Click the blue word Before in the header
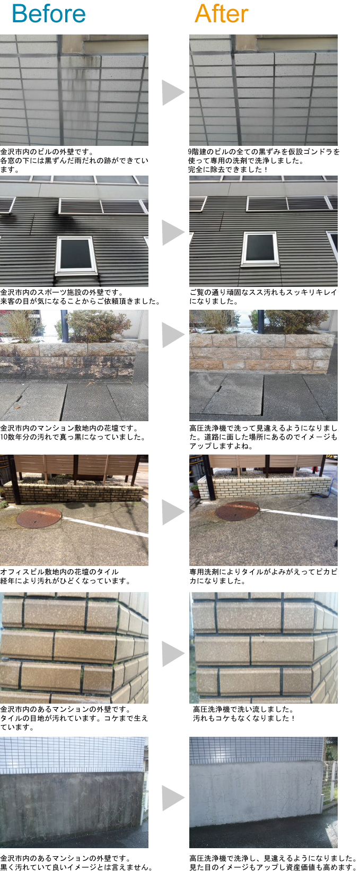(48, 14)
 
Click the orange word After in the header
(221, 14)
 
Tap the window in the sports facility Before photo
(76, 255)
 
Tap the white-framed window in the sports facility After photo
(260, 248)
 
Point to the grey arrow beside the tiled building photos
(173, 92)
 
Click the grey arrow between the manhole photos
(173, 511)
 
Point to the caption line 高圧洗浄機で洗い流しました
(243, 709)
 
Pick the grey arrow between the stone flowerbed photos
(173, 335)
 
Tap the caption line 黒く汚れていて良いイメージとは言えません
(76, 867)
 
